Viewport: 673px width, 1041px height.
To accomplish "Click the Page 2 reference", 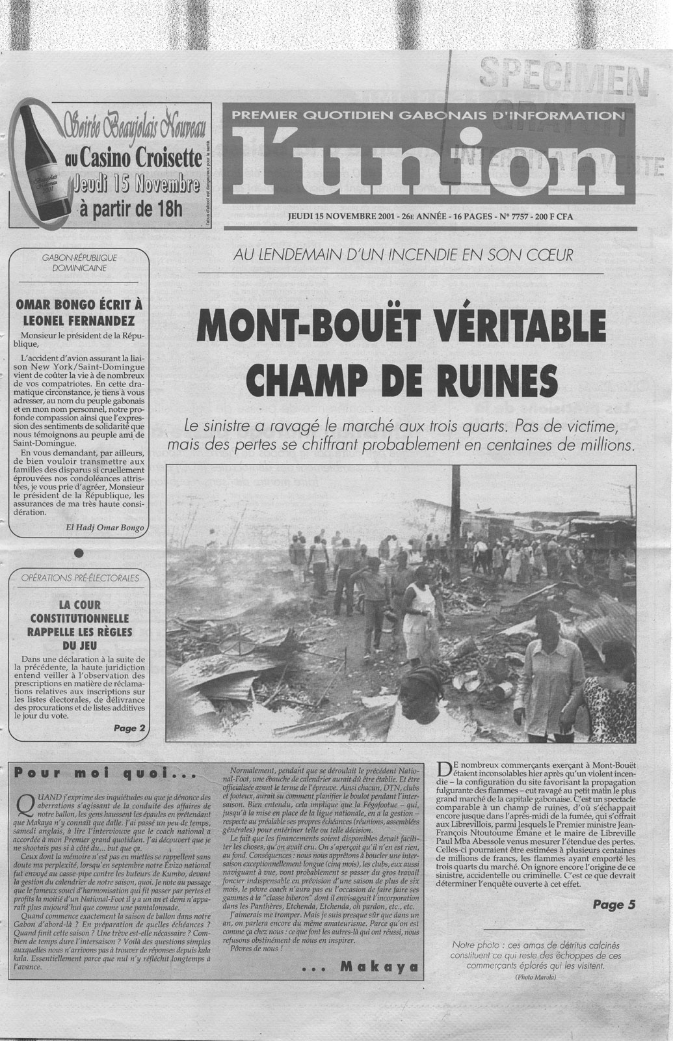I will pos(129,728).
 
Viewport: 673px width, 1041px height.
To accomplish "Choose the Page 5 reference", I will pos(614,904).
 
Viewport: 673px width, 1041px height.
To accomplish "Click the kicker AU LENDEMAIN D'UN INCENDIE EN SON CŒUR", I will pos(403,254).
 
